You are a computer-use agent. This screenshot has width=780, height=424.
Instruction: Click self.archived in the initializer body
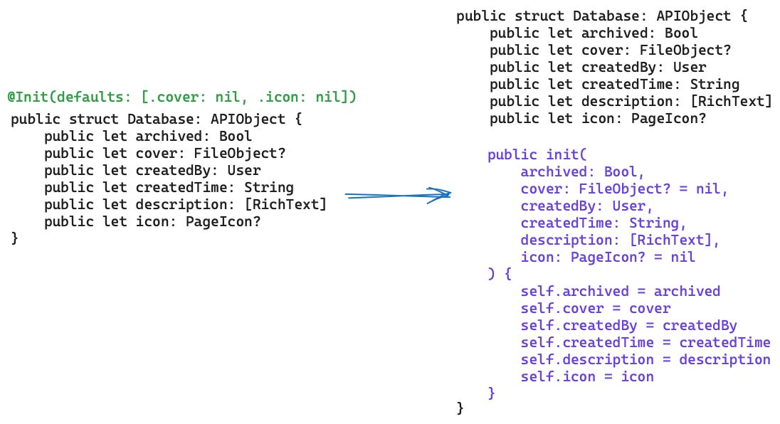(x=574, y=291)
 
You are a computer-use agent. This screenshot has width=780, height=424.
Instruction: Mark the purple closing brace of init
(x=491, y=393)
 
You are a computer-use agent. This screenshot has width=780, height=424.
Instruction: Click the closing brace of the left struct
(x=14, y=239)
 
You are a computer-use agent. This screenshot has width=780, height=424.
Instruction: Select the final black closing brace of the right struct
(x=460, y=408)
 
